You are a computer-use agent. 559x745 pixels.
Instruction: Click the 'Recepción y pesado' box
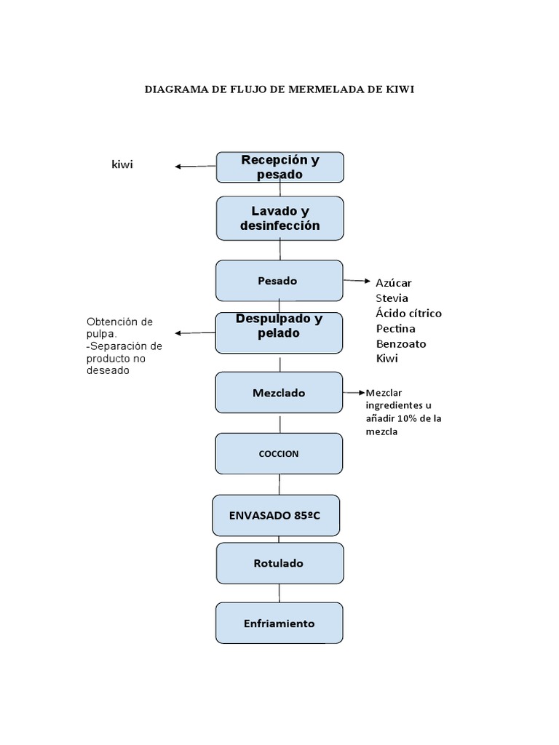pos(280,167)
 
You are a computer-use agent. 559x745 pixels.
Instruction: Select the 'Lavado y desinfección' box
pos(280,218)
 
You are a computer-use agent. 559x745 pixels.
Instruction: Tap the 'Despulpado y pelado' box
pos(279,332)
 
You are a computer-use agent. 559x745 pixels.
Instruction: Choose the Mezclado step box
pos(279,392)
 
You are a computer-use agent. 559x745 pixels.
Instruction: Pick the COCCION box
pos(279,454)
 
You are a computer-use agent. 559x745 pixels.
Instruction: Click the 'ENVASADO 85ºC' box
pos(276,516)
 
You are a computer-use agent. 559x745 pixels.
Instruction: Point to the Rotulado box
pos(280,564)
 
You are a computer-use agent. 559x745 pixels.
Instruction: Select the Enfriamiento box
pos(279,624)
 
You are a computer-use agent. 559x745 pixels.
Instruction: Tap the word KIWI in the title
pos(401,89)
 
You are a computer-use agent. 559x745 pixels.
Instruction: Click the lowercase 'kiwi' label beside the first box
pos(122,164)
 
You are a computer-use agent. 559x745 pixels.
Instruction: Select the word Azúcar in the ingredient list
pos(394,283)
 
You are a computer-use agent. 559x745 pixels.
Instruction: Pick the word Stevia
pos(392,298)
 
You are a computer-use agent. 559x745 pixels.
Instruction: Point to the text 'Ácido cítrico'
pos(409,313)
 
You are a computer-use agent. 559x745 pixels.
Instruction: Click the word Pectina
pos(395,328)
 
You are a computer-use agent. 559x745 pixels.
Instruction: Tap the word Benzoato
pos(401,343)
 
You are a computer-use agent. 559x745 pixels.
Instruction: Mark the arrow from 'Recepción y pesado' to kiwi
pos(196,167)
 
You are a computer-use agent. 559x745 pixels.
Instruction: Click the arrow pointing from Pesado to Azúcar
pos(357,281)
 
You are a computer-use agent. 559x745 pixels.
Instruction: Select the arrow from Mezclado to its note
pos(354,393)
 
